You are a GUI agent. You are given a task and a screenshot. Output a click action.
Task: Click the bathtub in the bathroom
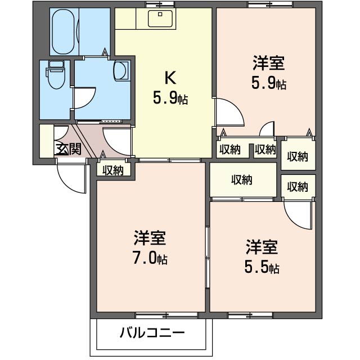pos(64,31)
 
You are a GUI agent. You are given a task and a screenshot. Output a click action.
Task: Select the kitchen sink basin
pos(160,19)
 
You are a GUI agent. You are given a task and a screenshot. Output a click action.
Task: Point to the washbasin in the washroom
pos(121,70)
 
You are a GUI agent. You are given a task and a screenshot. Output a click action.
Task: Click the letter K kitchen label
pos(170,78)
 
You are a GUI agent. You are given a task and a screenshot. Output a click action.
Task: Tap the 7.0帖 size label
pos(150,258)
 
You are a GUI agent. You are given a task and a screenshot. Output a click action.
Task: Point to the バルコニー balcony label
pos(152,332)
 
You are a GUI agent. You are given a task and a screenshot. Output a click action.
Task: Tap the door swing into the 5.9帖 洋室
pos(229,112)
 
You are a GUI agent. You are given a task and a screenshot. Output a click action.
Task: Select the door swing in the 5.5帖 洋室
pos(298,215)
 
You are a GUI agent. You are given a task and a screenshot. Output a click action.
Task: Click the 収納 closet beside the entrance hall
pos(113,170)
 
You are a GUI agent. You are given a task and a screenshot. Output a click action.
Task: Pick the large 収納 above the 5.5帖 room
pos(243,180)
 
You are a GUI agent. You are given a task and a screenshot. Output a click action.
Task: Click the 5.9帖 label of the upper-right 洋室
pos(269,83)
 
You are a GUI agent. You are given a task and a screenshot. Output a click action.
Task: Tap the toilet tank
pos(56,64)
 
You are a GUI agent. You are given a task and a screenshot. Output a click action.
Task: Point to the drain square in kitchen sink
pos(160,14)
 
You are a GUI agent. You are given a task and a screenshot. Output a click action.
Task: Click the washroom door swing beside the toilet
pos(84,97)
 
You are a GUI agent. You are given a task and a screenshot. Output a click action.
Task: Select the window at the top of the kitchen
pos(160,4)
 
